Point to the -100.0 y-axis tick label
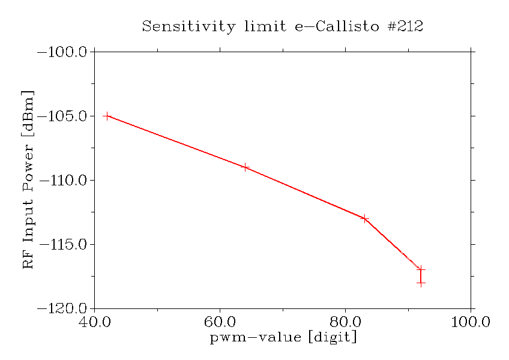pos(63,52)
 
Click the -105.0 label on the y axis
pos(63,116)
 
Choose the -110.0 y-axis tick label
pos(63,181)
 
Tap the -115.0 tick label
pos(63,245)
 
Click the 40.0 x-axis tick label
pos(95,322)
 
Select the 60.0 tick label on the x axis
pos(220,322)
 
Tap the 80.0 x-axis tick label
pos(346,322)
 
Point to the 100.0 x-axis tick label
pos(471,322)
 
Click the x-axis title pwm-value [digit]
pos(283,338)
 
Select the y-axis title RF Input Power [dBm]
pos(28,180)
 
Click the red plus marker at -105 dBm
pos(107,116)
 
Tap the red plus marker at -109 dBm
pos(245,167)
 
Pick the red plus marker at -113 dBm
pos(364,218)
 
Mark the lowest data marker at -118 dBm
pos(421,283)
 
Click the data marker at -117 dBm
pos(421,269)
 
